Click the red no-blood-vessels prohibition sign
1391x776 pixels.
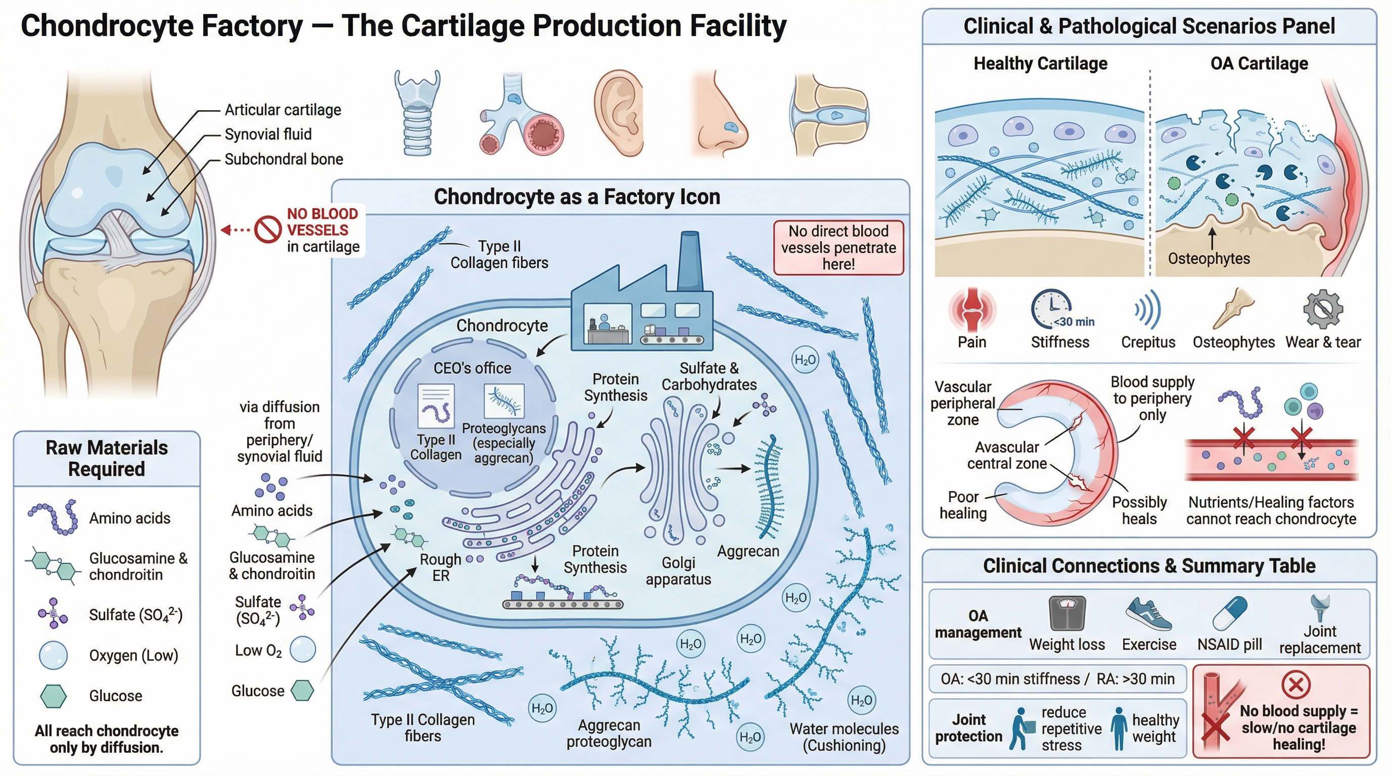click(268, 230)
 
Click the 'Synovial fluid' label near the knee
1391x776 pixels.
click(268, 134)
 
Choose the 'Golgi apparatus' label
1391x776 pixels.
click(678, 571)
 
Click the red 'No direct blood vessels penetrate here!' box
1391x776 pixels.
click(838, 248)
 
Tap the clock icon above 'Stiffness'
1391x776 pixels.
click(1051, 309)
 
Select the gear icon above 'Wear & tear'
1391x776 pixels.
click(1323, 309)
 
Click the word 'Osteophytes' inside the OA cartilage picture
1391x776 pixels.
click(1209, 259)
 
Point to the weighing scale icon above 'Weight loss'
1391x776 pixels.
click(1067, 613)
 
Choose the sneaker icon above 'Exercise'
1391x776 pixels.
click(1148, 615)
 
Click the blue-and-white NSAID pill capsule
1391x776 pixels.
click(1230, 613)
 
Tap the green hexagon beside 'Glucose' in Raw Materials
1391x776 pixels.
click(54, 696)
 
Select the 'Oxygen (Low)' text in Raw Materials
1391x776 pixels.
click(133, 656)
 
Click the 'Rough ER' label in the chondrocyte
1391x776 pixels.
click(441, 568)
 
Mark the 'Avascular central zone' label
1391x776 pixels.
click(1006, 456)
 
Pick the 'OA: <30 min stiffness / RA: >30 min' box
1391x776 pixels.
click(1057, 679)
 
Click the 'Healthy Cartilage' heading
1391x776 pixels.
click(1040, 64)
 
